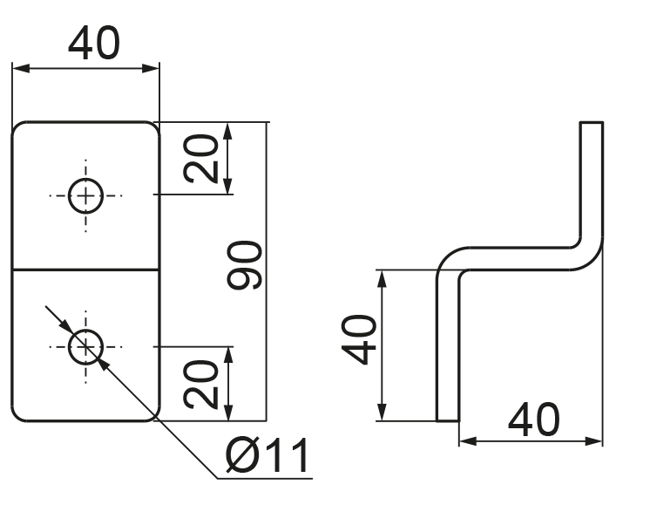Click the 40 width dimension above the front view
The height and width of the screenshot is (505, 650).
pyautogui.click(x=94, y=43)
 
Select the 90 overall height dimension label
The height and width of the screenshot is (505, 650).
pyautogui.click(x=245, y=264)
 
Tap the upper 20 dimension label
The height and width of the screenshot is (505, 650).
pyautogui.click(x=200, y=158)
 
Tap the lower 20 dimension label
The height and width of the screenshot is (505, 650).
pyautogui.click(x=200, y=384)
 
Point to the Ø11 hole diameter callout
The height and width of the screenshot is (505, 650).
pyautogui.click(x=267, y=455)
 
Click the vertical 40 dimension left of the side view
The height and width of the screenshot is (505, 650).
pyautogui.click(x=359, y=339)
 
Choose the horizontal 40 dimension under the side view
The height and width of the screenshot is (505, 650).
pyautogui.click(x=534, y=420)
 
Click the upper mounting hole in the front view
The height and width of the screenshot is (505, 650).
pyautogui.click(x=85, y=195)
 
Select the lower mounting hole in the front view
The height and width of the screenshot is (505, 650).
pyautogui.click(x=85, y=346)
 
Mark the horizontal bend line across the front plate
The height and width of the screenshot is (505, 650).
pyautogui.click(x=85, y=270)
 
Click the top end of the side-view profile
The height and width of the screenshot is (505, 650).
pyautogui.click(x=591, y=122)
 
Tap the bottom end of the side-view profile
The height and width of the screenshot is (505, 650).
pyautogui.click(x=448, y=420)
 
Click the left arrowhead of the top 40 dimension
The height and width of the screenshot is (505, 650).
pyautogui.click(x=21, y=69)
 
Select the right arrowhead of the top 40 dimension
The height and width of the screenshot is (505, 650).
pyautogui.click(x=151, y=69)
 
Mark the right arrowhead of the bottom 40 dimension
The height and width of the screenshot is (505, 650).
pyautogui.click(x=593, y=441)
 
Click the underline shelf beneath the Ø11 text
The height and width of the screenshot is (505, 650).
pyautogui.click(x=265, y=479)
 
